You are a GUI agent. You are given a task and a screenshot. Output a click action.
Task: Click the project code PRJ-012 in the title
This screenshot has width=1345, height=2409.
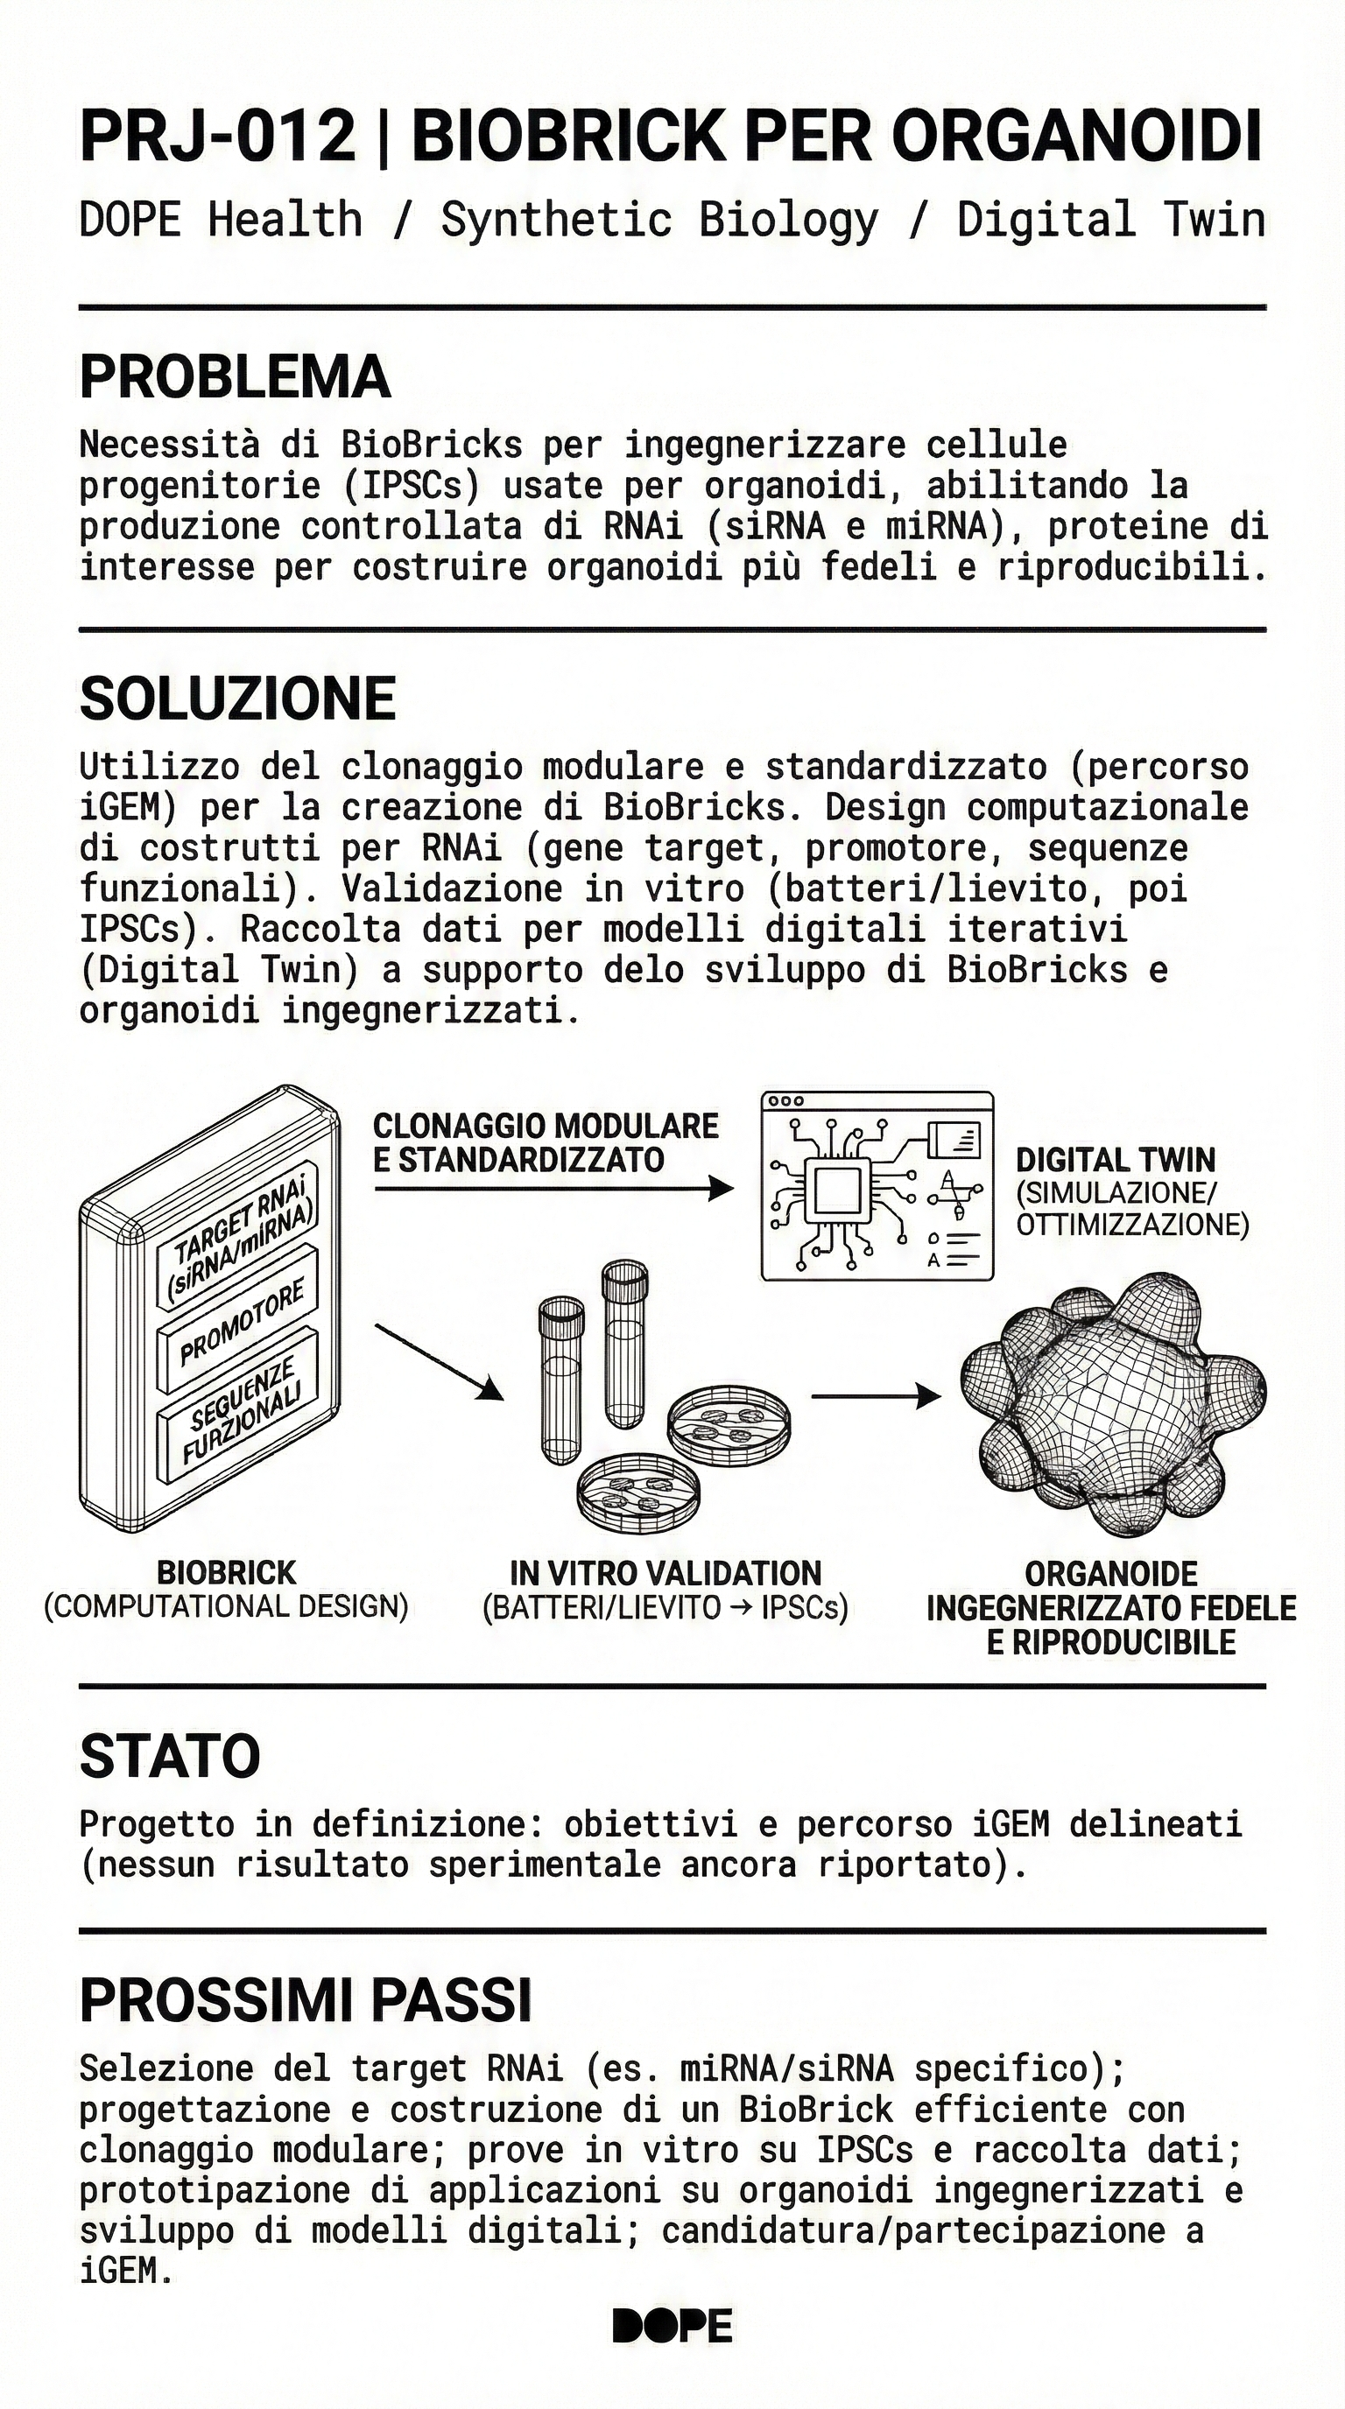pyautogui.click(x=217, y=137)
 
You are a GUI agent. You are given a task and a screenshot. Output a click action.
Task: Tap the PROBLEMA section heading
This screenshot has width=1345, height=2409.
pyautogui.click(x=234, y=377)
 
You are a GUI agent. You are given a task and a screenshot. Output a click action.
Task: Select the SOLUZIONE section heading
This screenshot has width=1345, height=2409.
pyautogui.click(x=237, y=699)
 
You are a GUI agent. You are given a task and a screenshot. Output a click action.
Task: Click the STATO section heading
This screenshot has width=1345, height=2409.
pyautogui.click(x=169, y=1756)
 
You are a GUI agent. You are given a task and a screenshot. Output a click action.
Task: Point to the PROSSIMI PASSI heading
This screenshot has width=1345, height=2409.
pyautogui.click(x=305, y=2000)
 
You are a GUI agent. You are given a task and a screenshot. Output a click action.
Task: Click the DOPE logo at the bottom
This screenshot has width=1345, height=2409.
pyautogui.click(x=672, y=2326)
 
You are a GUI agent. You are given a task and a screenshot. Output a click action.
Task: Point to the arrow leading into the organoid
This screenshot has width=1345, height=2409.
pyautogui.click(x=875, y=1396)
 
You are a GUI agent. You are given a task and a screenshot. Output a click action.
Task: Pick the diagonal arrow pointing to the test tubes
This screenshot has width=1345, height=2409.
pyautogui.click(x=439, y=1361)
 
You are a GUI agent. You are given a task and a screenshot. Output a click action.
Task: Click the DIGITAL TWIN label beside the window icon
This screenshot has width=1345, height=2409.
pyautogui.click(x=1115, y=1161)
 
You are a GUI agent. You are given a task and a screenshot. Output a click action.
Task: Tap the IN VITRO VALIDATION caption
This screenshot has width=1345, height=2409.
pyautogui.click(x=665, y=1573)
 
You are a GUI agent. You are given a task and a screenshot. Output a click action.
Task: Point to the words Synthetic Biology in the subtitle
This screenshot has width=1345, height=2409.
pyautogui.click(x=659, y=220)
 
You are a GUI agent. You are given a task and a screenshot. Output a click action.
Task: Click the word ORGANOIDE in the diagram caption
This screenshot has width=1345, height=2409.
pyautogui.click(x=1111, y=1574)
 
